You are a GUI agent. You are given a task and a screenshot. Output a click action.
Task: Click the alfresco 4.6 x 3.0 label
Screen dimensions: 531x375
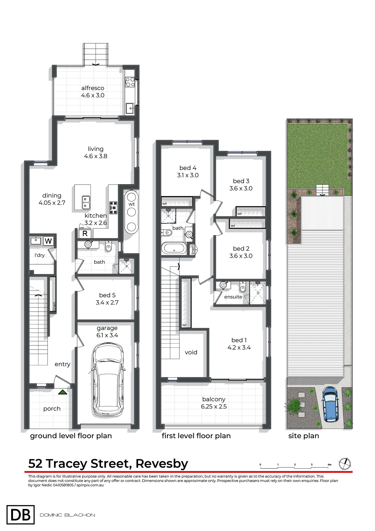pos(93,92)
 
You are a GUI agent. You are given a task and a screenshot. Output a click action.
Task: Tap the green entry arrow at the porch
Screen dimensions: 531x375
pos(63,392)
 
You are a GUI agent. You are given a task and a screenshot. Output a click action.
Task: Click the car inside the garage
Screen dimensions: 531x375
pos(108,379)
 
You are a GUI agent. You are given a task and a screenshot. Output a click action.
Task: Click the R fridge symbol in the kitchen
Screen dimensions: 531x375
pos(85,233)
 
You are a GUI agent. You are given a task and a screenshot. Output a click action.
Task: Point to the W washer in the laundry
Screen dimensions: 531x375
pos(48,241)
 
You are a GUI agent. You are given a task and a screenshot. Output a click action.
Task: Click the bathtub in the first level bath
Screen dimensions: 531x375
pos(174,248)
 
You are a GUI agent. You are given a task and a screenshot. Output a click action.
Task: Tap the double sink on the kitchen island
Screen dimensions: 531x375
pos(86,202)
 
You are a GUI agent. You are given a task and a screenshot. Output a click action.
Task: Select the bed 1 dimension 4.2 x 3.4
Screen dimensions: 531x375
pos(239,347)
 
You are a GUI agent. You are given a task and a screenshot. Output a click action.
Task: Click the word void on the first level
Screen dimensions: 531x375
pos(191,352)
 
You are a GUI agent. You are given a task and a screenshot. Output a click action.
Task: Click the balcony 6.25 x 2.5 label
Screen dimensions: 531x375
pos(214,403)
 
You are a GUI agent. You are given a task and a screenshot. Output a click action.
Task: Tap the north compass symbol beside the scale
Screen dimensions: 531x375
pos(345,464)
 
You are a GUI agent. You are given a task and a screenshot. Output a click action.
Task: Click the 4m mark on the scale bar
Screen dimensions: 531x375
pos(329,465)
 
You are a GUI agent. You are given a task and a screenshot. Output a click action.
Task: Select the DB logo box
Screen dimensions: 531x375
pos(20,514)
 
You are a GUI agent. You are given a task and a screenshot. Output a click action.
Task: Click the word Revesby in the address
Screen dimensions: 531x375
pos(162,464)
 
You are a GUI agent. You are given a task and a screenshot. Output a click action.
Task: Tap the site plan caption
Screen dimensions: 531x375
pos(303,436)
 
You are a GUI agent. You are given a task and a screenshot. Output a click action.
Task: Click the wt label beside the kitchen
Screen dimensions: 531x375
pos(132,204)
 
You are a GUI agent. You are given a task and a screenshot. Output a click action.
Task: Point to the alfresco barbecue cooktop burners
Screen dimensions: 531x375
pos(130,82)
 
